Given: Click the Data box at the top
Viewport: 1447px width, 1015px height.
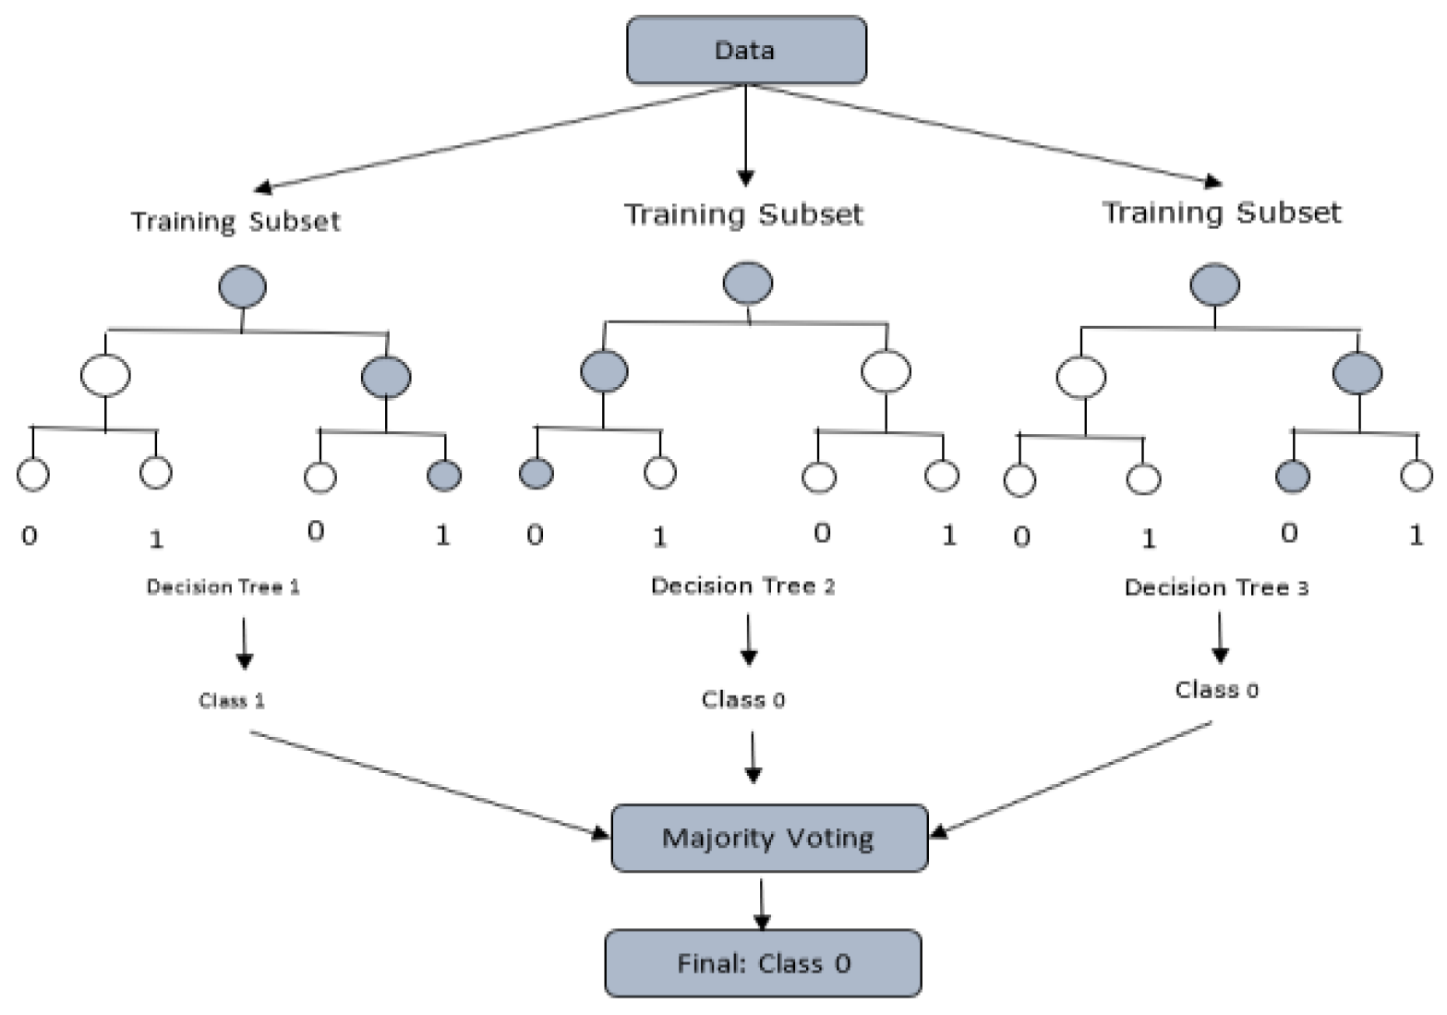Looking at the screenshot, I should pyautogui.click(x=746, y=50).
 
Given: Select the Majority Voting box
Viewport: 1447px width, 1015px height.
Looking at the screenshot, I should pyautogui.click(x=768, y=838).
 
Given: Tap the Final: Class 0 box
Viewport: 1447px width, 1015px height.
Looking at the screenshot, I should pyautogui.click(x=763, y=963).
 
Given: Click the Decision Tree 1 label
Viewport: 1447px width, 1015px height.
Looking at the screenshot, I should pyautogui.click(x=223, y=586).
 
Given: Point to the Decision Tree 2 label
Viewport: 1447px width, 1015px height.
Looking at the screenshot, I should pyautogui.click(x=742, y=586).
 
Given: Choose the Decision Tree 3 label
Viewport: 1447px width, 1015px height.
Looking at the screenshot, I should pyautogui.click(x=1215, y=587).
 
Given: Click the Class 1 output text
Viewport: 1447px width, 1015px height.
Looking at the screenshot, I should pyautogui.click(x=231, y=700).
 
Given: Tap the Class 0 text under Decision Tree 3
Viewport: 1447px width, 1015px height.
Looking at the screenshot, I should pyautogui.click(x=1215, y=689).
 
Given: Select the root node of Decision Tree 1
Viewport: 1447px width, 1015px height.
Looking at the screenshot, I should pyautogui.click(x=242, y=286).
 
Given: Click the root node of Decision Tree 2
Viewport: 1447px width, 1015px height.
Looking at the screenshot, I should pyautogui.click(x=747, y=283).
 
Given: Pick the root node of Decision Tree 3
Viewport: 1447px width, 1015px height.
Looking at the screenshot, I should pyautogui.click(x=1214, y=284).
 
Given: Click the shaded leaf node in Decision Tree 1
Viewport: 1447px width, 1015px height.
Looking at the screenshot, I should pyautogui.click(x=444, y=476).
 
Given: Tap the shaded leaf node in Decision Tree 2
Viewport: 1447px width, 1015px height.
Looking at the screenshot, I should pyautogui.click(x=536, y=474).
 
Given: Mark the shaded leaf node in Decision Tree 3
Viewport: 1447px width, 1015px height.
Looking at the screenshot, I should pyautogui.click(x=1292, y=477).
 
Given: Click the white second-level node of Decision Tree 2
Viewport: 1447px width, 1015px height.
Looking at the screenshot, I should pyautogui.click(x=886, y=371).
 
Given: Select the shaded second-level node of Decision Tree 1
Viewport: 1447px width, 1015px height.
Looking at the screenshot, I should pyautogui.click(x=386, y=377).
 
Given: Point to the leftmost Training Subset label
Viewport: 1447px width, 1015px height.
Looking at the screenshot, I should pyautogui.click(x=235, y=222).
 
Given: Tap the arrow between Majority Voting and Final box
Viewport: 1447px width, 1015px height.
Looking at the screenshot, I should pyautogui.click(x=761, y=903).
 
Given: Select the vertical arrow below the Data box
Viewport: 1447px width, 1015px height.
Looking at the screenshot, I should pyautogui.click(x=746, y=134).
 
